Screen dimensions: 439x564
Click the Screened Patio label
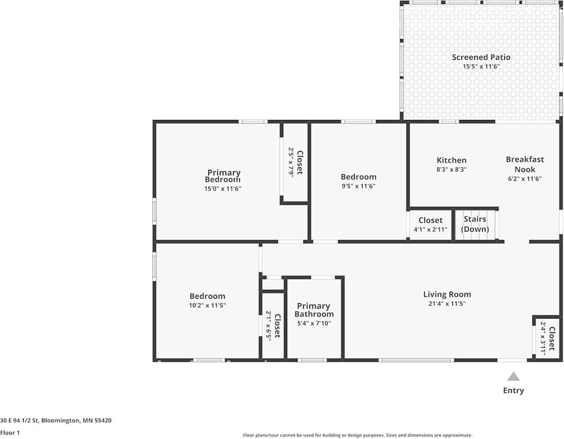481,57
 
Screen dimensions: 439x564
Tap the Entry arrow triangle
514,377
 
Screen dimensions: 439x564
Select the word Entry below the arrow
513,391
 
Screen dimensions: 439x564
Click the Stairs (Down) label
475,224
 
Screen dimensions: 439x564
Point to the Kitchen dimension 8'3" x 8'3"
451,169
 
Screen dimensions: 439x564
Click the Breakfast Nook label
525,164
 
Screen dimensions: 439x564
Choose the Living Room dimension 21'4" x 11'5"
447,304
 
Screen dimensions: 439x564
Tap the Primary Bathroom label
314,310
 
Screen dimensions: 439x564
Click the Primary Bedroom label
224,176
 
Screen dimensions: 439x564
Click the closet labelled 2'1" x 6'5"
273,326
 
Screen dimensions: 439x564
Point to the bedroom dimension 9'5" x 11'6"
358,186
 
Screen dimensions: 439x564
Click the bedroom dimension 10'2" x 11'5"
207,305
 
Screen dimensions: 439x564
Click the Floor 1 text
10,433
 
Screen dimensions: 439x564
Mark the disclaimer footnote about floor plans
357,435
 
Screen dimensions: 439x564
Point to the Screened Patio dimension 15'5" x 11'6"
481,66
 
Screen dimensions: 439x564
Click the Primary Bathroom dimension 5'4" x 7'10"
314,323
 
